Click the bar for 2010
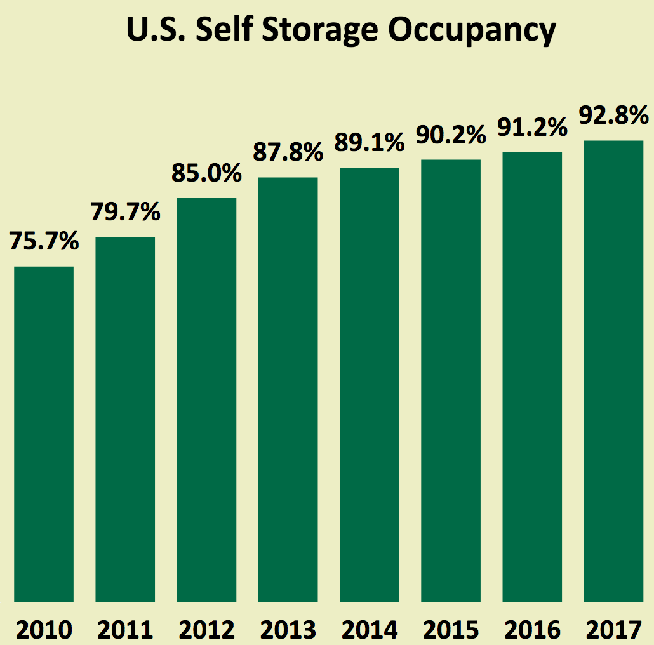pos(44,434)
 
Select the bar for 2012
pos(206,400)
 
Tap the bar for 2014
pos(370,385)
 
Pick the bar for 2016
pos(532,377)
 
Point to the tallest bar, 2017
pos(613,371)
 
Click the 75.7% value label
pos(44,242)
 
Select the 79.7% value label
pos(125,213)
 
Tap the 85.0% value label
pos(206,173)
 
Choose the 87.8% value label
pos(288,153)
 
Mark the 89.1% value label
pos(370,143)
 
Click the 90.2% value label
pos(451,135)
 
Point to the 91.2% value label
pos(532,128)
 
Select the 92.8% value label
pos(613,116)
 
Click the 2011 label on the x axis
pos(125,630)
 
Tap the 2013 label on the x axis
pos(288,630)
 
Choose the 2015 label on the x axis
pos(451,630)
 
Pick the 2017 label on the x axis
pos(613,630)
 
